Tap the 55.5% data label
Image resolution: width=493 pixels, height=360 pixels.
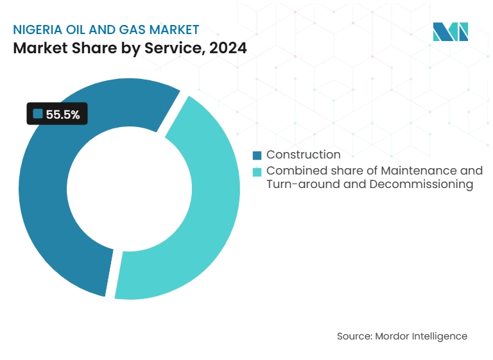(63, 115)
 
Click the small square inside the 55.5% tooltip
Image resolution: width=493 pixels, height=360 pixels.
(37, 114)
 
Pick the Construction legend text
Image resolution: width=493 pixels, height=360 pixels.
(303, 155)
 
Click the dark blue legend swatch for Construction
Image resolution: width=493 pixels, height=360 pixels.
(257, 155)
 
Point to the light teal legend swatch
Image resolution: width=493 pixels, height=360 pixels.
(257, 171)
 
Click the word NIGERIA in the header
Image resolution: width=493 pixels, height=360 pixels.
(37, 29)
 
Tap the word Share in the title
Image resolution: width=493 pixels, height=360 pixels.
(87, 48)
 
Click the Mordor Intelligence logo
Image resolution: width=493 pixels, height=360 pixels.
(450, 32)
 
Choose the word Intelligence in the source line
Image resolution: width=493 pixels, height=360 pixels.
(440, 336)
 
